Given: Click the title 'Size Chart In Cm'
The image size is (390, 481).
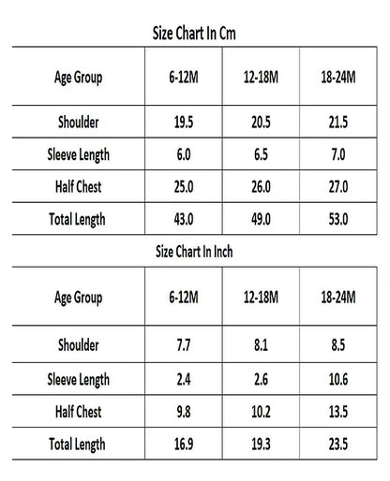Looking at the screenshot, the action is [x=194, y=34].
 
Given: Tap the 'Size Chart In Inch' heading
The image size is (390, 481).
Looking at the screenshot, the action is [x=194, y=252].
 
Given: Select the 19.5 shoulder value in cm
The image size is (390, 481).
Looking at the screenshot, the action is [x=184, y=122].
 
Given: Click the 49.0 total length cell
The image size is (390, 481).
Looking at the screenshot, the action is [x=261, y=219].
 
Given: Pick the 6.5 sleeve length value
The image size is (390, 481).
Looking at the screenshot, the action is [x=261, y=154].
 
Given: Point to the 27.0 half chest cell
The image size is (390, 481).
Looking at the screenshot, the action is [x=338, y=187].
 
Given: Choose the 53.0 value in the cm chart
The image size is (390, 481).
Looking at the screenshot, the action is [x=338, y=219].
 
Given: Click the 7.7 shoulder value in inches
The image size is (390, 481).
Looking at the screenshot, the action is [x=184, y=345].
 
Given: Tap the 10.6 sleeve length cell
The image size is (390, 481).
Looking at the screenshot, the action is [x=338, y=379].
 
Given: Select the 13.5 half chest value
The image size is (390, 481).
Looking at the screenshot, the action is [x=338, y=412].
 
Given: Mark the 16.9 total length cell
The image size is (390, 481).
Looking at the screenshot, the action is [x=184, y=444].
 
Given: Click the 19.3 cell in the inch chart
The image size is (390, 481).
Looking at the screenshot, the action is [x=261, y=444].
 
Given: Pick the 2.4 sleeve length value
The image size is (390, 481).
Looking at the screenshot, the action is [x=184, y=379].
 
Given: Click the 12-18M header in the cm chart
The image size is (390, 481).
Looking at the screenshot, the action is [x=261, y=77].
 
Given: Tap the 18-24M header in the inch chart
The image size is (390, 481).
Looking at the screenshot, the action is [x=338, y=297].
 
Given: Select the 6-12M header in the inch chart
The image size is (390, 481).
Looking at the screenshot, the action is [x=184, y=297].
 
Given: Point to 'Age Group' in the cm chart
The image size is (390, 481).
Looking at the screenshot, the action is [x=78, y=78].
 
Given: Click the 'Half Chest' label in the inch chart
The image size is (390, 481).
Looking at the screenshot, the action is [x=78, y=412].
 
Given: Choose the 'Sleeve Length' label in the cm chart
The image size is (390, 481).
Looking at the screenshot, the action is [x=78, y=155].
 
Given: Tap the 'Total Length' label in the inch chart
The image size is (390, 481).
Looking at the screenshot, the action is [x=77, y=445].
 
